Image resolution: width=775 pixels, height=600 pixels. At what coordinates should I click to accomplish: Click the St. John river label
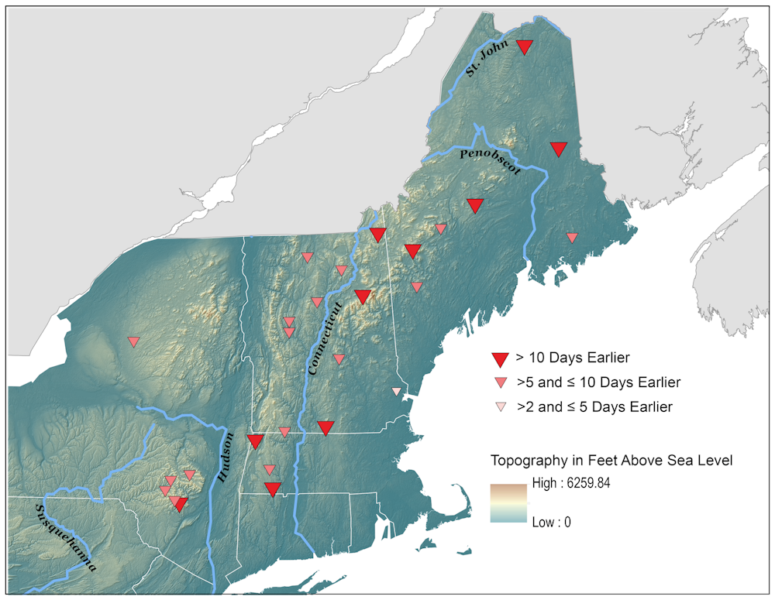[487, 59]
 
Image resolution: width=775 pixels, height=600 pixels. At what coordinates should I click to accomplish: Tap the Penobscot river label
[488, 161]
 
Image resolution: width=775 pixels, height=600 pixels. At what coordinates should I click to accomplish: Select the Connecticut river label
[324, 338]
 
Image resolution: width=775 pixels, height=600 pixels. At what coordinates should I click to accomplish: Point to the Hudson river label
[226, 458]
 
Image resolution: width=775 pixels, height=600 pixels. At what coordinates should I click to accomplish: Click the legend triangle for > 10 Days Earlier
[501, 358]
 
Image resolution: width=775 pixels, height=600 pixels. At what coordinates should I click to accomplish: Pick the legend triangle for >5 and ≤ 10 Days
[501, 382]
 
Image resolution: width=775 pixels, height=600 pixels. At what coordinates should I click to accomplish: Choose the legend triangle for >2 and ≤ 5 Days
[501, 406]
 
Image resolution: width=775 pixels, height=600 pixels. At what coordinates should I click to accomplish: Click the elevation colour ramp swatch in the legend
[508, 503]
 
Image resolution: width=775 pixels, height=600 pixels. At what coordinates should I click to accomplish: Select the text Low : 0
[551, 523]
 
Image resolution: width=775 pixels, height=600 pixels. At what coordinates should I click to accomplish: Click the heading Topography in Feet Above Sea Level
[611, 461]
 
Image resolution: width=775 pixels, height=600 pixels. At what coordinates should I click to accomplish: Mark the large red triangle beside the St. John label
[525, 46]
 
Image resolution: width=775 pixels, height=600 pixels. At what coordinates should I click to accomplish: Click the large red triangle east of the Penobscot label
[559, 149]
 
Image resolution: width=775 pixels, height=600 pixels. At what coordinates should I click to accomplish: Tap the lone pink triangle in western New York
[133, 341]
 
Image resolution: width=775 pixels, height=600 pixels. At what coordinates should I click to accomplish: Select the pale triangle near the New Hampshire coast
[397, 391]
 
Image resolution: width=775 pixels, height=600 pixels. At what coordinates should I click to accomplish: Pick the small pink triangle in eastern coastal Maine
[572, 238]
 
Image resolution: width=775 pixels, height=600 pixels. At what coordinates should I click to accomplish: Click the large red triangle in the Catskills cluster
[181, 505]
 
